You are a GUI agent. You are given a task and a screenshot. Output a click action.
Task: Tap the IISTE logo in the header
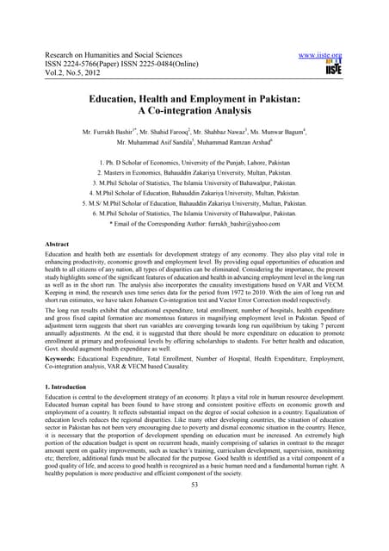coord(334,68)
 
